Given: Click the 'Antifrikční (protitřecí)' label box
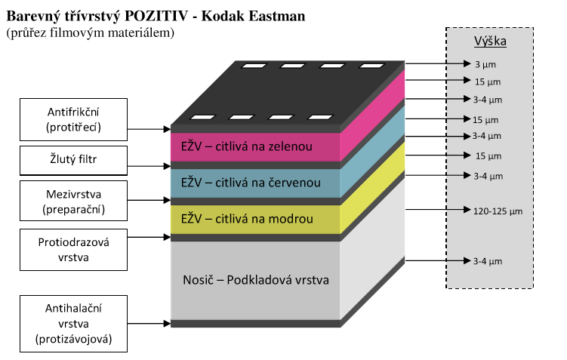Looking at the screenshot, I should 73,119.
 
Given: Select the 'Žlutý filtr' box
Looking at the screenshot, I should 73,159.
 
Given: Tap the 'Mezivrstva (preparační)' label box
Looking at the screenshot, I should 73,202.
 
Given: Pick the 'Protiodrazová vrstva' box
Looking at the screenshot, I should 73,249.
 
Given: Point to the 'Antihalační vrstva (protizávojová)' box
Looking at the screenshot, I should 73,324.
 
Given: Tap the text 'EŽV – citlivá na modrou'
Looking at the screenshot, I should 236,219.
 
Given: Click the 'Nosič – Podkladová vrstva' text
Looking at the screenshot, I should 256,280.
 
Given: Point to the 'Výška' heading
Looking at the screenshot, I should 490,41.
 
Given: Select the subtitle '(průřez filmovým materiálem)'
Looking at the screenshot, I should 90,32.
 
